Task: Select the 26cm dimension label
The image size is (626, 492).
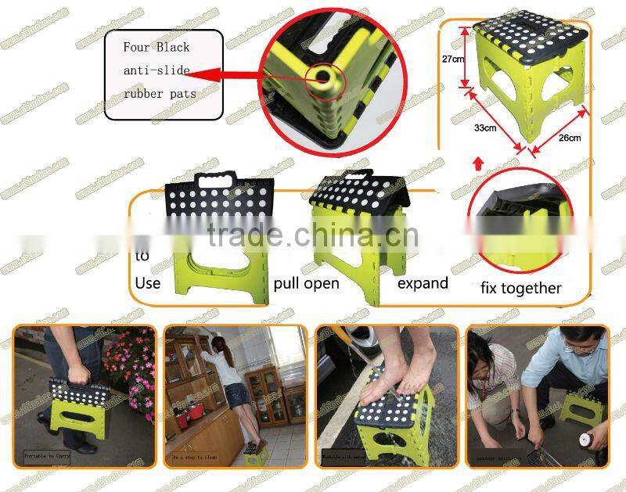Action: pos(569,138)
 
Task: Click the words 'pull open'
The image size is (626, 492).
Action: pos(307,282)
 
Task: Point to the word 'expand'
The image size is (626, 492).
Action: pos(423,282)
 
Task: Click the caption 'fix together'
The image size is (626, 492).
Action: pos(520,288)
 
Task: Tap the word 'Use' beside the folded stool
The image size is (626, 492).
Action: pos(149,282)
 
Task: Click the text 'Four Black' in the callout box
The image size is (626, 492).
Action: pos(156,47)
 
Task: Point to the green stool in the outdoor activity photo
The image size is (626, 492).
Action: pos(580,407)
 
